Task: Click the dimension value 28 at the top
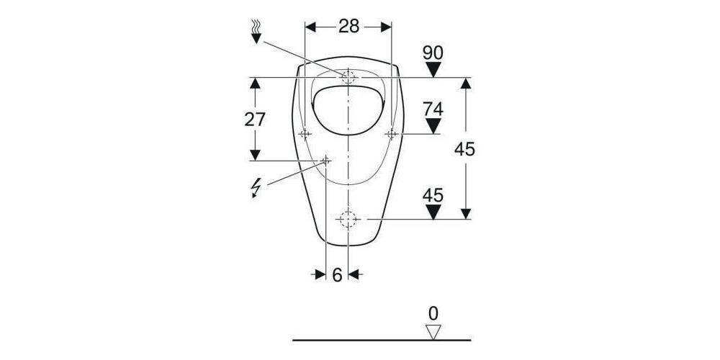point(348,27)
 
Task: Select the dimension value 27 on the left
point(255,120)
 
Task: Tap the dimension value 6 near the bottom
point(337,274)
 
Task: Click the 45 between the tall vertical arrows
point(465,149)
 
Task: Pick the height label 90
point(433,53)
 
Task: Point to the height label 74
point(433,109)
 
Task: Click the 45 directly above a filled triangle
point(433,195)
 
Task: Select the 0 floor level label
point(433,313)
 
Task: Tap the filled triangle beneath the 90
point(433,70)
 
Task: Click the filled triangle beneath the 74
point(433,127)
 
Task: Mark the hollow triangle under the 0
point(433,331)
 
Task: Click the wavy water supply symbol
point(256,30)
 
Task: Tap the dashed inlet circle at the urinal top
point(348,76)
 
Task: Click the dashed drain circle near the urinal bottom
point(348,218)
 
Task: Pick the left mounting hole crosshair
point(305,134)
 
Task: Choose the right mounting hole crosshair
point(392,134)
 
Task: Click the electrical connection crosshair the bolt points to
point(326,160)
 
